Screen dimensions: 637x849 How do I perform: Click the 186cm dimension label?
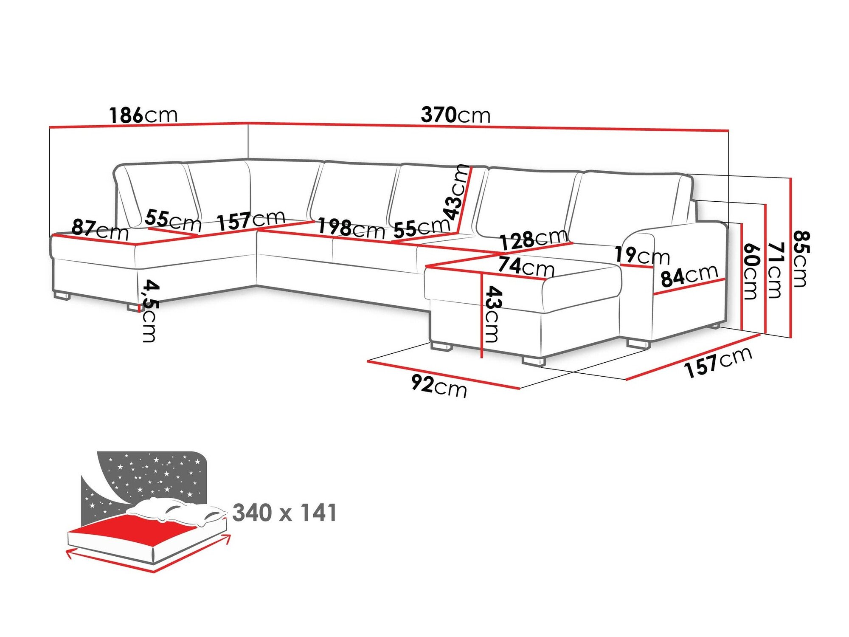pos(143,115)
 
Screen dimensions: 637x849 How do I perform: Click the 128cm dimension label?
pos(534,240)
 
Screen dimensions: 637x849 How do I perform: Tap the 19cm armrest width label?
pos(642,256)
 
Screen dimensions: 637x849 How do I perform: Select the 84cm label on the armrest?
pos(689,276)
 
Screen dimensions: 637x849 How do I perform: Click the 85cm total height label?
pos(801,259)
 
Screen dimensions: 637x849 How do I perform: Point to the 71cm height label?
pos(775,270)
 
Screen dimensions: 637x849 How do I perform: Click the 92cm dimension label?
pos(439,387)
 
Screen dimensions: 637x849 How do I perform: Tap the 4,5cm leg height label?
pos(149,310)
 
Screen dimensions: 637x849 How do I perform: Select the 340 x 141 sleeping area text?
pos(284,513)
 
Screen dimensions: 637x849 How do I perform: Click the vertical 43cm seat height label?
pos(493,314)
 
